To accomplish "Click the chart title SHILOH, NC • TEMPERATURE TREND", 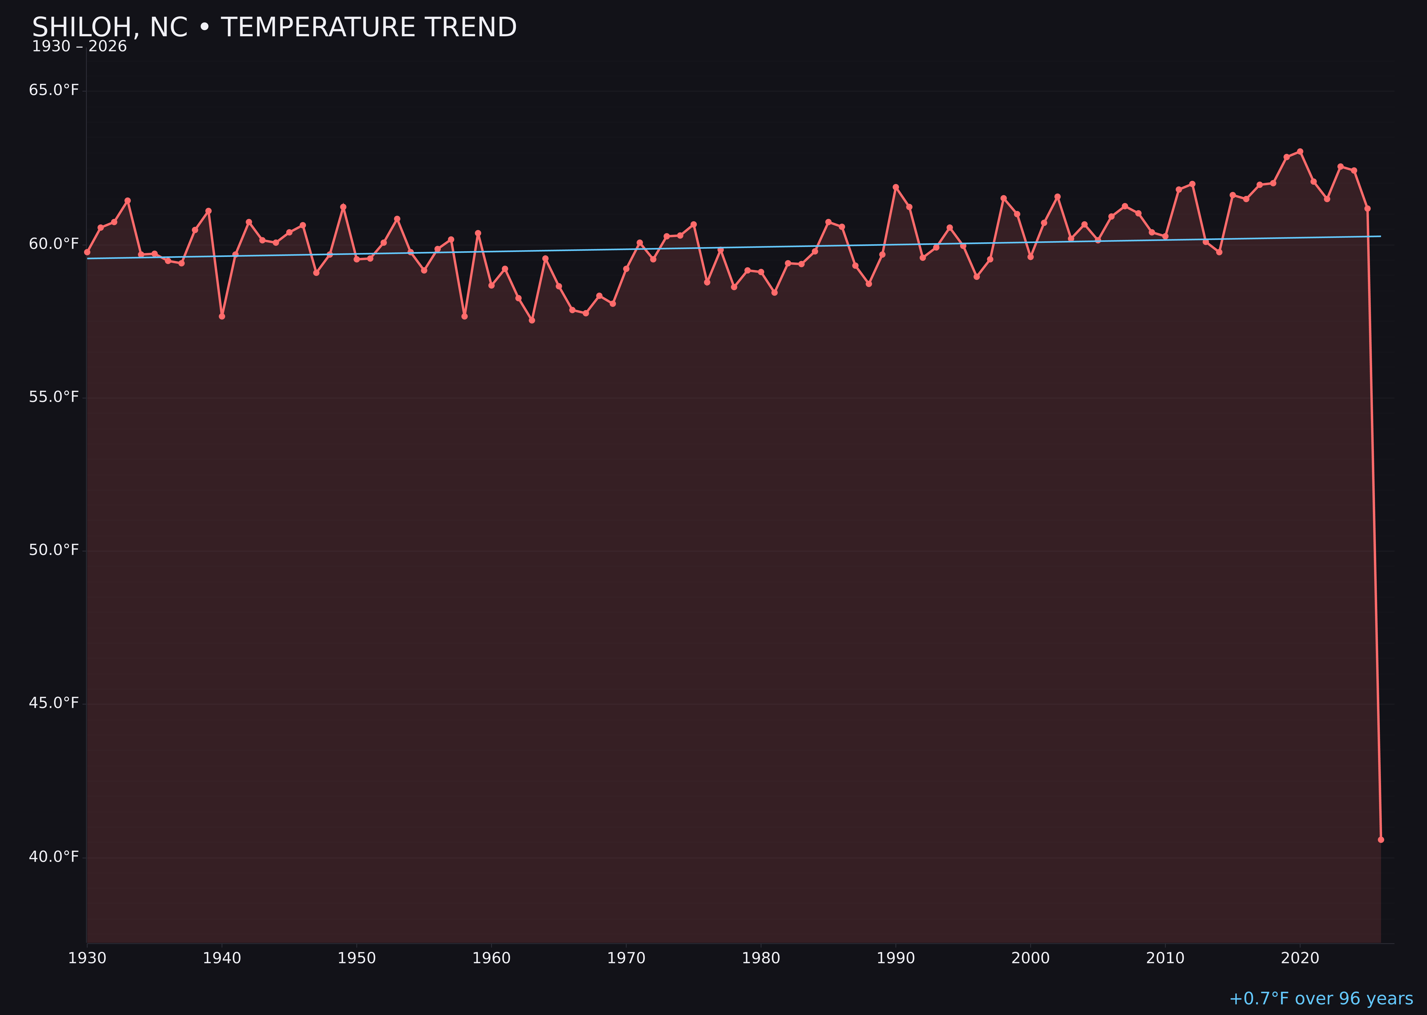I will [x=274, y=27].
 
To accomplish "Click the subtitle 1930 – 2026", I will [x=79, y=47].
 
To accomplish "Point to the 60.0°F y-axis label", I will [x=54, y=244].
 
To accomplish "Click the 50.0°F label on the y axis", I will [x=54, y=550].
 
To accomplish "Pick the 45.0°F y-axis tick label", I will [x=54, y=703].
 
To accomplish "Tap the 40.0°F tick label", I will [x=54, y=856].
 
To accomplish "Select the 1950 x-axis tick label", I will [x=357, y=958].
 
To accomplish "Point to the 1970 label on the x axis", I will [x=626, y=958].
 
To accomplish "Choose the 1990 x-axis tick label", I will [x=895, y=958].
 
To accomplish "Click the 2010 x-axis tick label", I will [x=1165, y=958].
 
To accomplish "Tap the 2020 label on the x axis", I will [x=1300, y=958].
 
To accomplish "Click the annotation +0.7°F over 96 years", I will [x=1321, y=999].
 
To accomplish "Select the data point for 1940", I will [x=222, y=316].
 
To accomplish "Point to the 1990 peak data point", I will [x=895, y=187].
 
